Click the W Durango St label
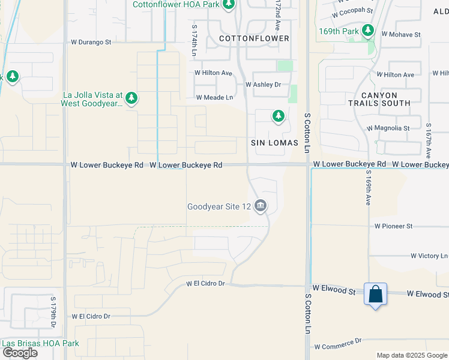pos(91,43)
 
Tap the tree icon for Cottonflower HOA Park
pos(228,5)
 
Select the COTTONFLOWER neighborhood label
pos(254,38)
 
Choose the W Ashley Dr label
pos(263,85)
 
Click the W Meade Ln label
pos(214,97)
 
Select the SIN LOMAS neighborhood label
pos(275,143)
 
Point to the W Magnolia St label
pos(387,128)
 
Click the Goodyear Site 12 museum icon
pos(261,206)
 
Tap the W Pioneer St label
pos(393,226)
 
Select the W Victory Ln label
pos(429,256)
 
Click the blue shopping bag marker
pos(375,295)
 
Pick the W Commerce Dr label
pos(338,346)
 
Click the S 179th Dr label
pos(53,312)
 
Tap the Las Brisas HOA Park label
pos(40,344)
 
